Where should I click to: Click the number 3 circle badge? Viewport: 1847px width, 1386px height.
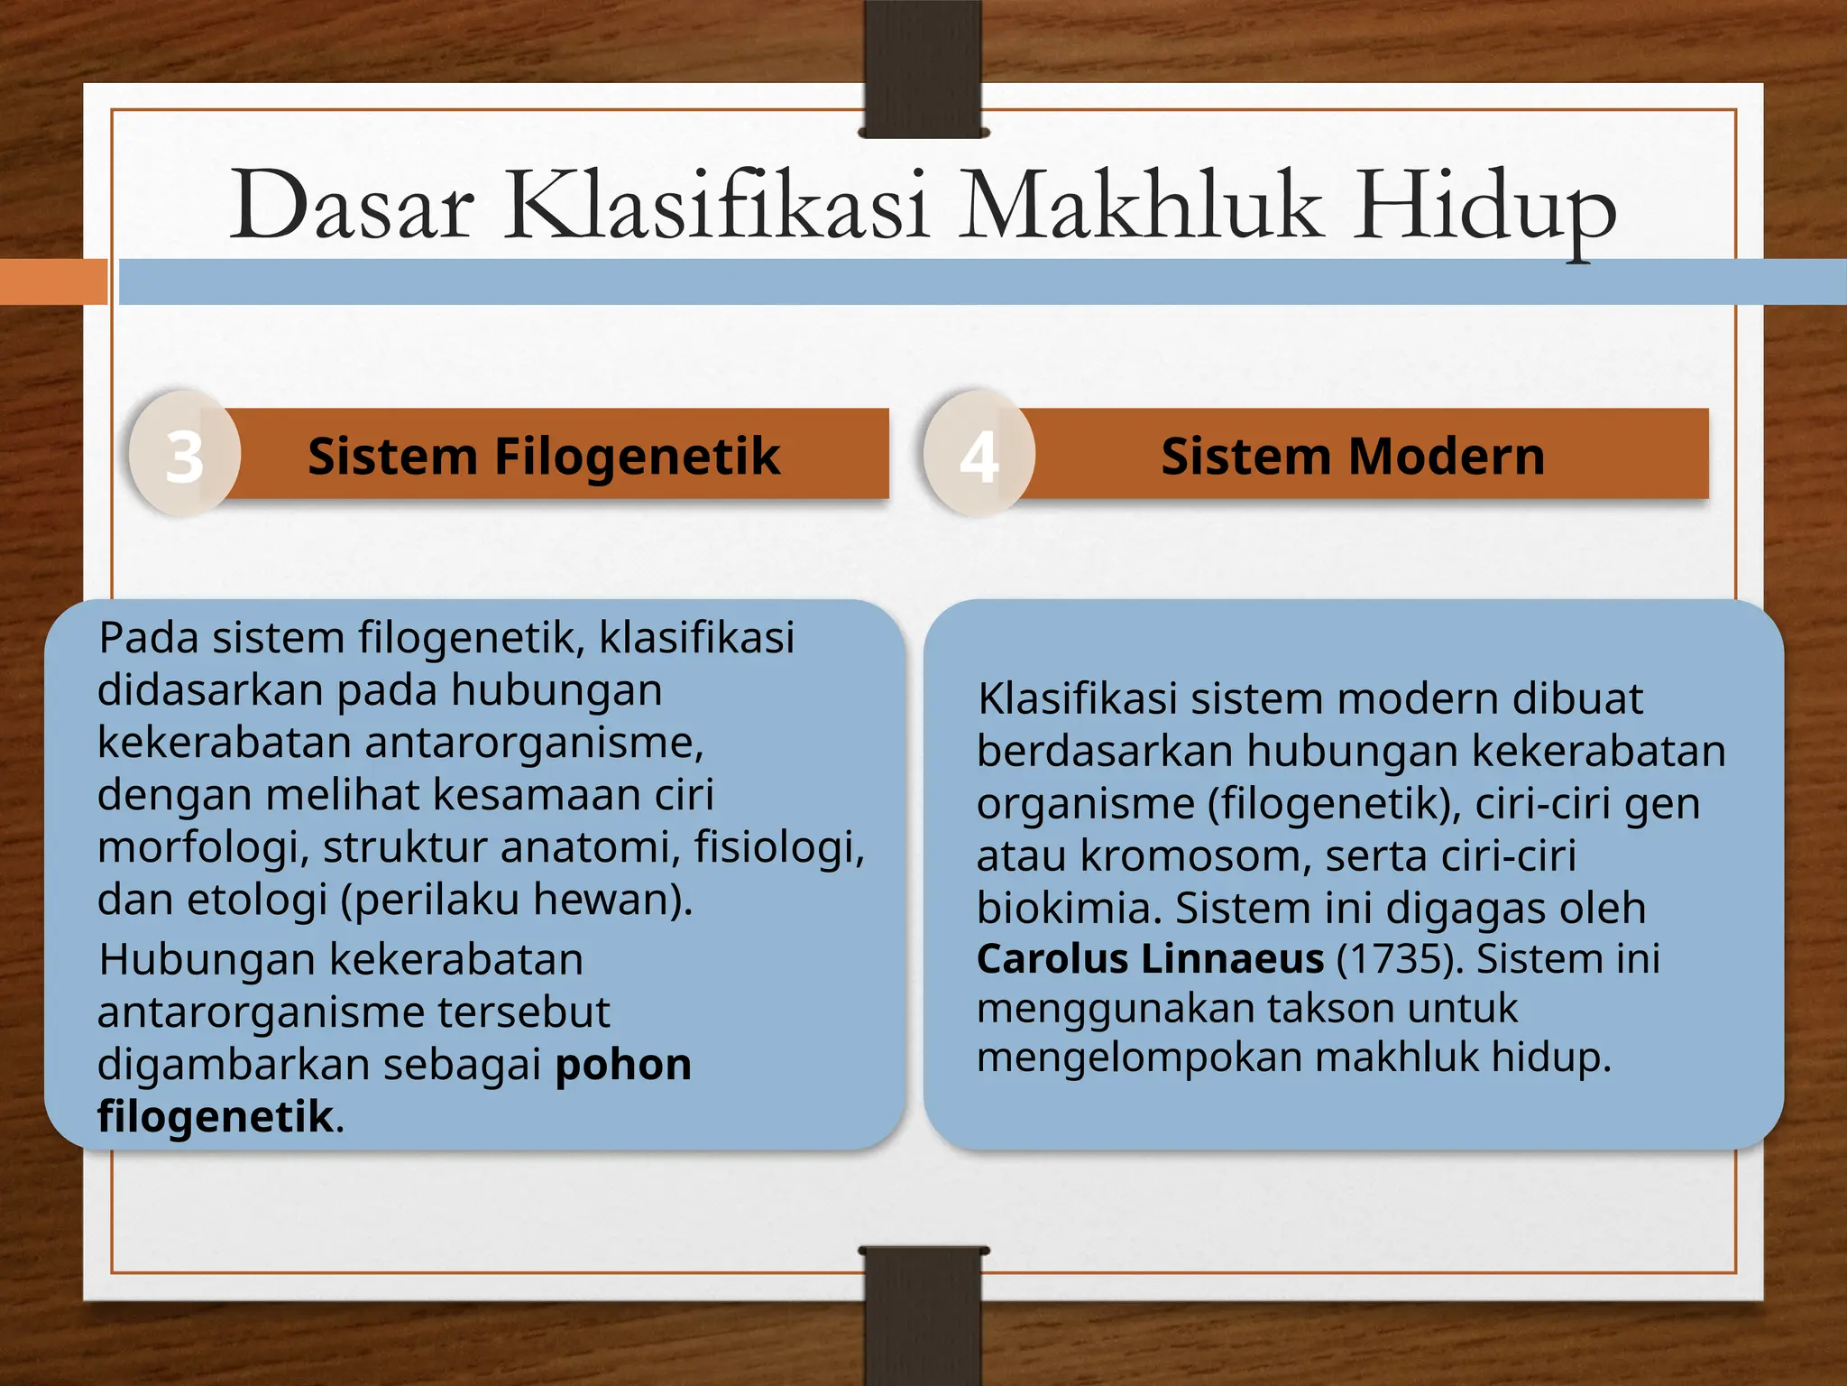point(185,455)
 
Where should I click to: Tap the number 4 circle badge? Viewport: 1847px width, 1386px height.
point(979,455)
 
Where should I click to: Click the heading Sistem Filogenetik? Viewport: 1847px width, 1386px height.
point(543,455)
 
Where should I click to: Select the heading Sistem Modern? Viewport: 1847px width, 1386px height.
point(1352,455)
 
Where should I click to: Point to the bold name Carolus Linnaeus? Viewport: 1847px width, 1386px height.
point(1150,958)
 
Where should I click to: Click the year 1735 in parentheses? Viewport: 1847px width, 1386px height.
point(1400,958)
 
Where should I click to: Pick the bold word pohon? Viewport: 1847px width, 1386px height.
point(623,1064)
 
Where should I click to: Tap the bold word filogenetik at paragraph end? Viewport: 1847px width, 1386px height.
point(216,1116)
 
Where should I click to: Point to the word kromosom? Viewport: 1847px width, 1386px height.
point(1195,855)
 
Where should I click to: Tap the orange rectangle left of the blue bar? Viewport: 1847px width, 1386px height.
point(52,282)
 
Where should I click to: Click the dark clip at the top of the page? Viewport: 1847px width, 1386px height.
point(923,68)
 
